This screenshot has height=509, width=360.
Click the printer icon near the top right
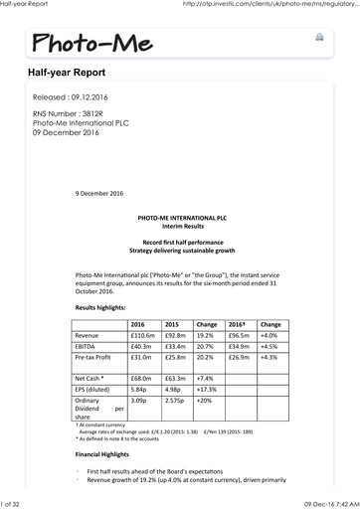point(319,37)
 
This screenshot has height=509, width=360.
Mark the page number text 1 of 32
point(18,502)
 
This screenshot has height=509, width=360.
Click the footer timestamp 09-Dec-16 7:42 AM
point(323,502)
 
